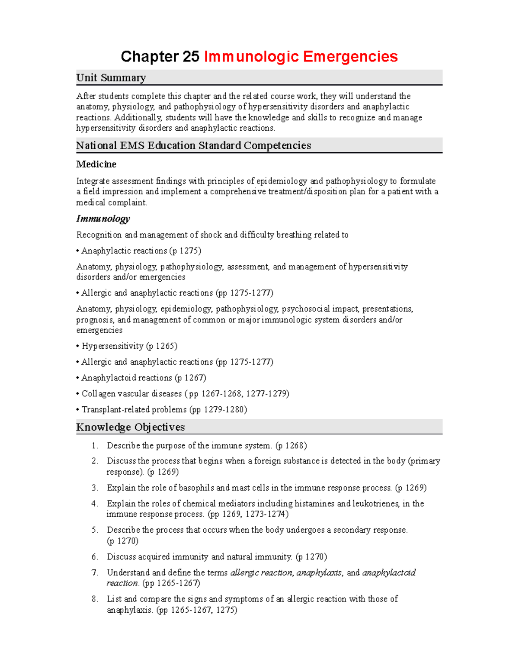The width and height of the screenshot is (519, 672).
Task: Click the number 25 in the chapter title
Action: [x=191, y=57]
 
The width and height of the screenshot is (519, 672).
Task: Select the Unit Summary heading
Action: [x=111, y=78]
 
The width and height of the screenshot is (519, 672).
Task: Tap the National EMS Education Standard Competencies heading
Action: [x=193, y=146]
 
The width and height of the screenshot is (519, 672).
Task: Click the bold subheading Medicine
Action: [x=96, y=164]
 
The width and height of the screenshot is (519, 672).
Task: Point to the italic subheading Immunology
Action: [x=103, y=219]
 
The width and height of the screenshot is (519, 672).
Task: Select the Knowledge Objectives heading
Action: [x=130, y=427]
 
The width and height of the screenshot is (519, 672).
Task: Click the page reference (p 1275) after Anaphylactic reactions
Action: [x=185, y=251]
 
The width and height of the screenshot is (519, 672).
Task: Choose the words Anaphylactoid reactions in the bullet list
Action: [x=127, y=378]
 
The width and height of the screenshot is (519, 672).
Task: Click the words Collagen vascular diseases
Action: [x=132, y=394]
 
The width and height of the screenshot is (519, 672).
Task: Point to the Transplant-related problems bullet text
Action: [x=134, y=409]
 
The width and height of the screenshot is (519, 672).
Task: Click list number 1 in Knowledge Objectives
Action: [x=95, y=446]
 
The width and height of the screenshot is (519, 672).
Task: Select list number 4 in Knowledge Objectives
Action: [x=95, y=504]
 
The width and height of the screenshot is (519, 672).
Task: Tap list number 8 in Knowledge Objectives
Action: [x=95, y=599]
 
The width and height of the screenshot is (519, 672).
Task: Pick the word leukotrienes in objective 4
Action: [x=375, y=504]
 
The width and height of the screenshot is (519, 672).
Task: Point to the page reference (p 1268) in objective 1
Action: [x=291, y=446]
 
